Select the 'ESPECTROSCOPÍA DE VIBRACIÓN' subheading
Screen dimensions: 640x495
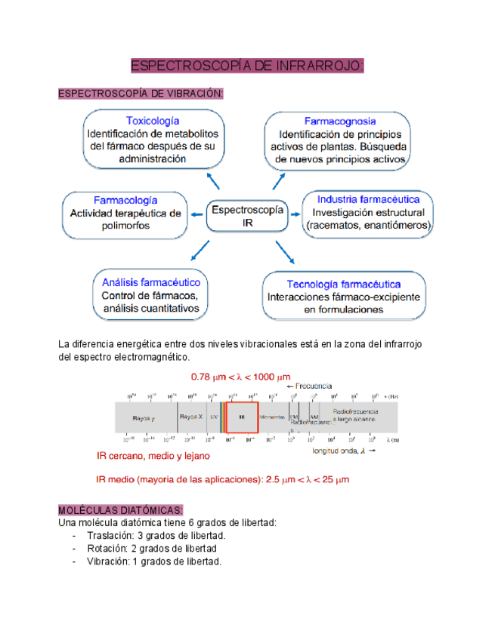point(141,94)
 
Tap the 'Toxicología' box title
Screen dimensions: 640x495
point(153,121)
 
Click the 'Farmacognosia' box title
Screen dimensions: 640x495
point(340,121)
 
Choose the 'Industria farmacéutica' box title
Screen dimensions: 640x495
point(369,199)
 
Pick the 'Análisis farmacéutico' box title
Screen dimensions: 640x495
point(150,282)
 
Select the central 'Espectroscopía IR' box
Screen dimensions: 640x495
point(248,217)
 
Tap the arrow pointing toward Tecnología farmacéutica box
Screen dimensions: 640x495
point(285,252)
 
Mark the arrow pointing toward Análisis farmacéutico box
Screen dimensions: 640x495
point(200,251)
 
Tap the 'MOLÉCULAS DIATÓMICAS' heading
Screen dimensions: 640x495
point(120,509)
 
